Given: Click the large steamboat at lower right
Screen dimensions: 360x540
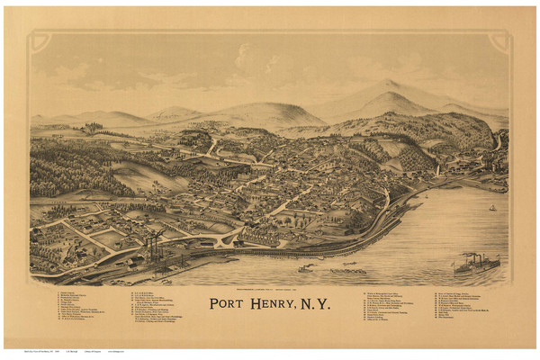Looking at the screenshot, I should point(476,264).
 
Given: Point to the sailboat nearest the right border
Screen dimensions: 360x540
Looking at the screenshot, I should point(492,208).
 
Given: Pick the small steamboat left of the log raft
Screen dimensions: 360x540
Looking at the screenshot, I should point(305,267).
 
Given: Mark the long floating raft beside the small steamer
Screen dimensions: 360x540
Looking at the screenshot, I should point(347,269).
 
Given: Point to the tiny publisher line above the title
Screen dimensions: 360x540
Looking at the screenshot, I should point(270,287).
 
